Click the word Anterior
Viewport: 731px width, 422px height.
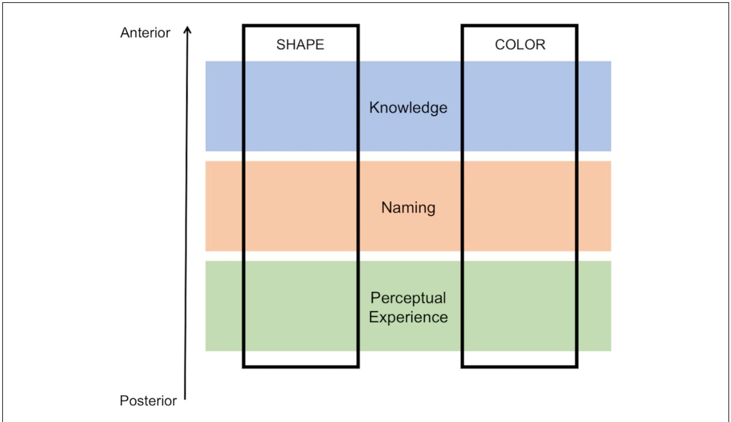coord(145,33)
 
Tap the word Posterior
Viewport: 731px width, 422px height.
coord(148,401)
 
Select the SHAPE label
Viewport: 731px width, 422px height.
coord(300,45)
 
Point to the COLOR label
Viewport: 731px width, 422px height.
coord(520,45)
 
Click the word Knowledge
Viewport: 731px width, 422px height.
coord(408,108)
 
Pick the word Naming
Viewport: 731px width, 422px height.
coord(408,208)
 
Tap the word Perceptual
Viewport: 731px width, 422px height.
coord(408,298)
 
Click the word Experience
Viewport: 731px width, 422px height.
coord(408,317)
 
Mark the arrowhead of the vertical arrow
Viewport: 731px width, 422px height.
coord(188,29)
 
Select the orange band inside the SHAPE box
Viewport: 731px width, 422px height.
coord(300,206)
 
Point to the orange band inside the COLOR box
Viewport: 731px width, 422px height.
coord(520,206)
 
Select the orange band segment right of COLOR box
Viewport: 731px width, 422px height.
coord(594,206)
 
